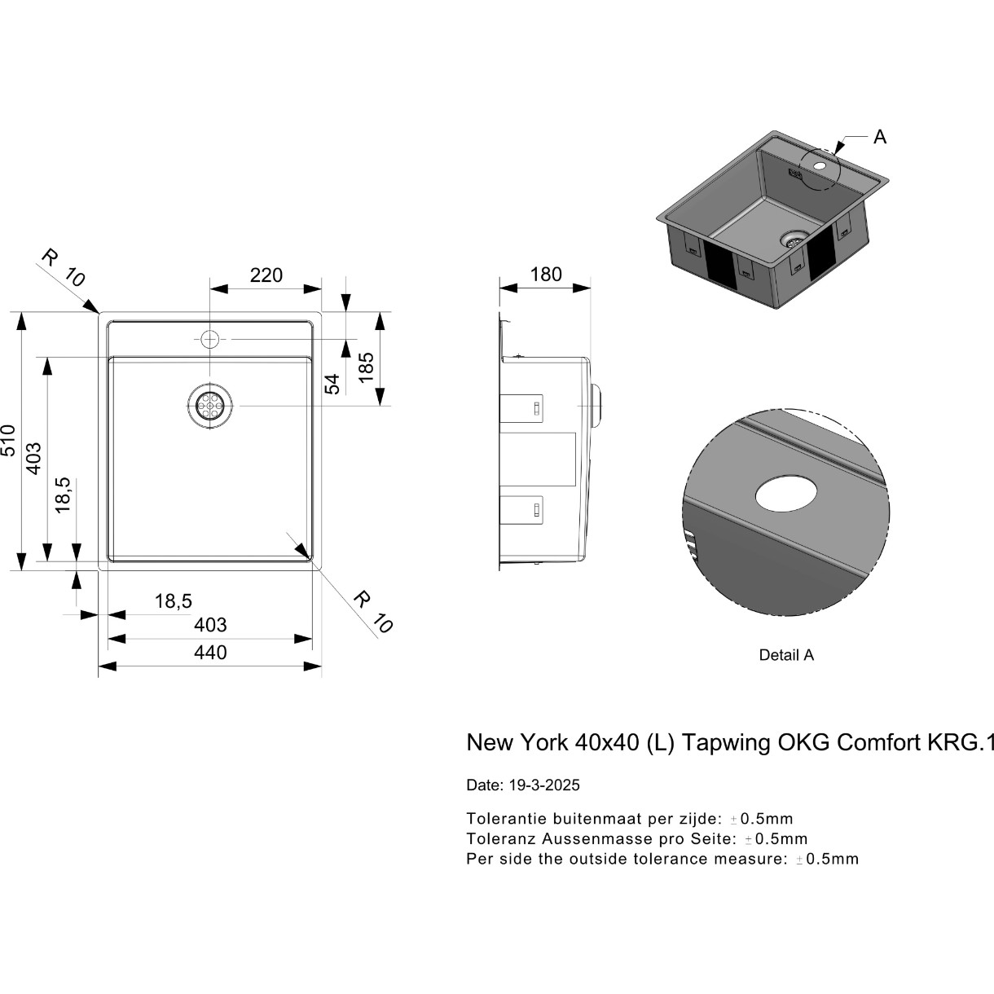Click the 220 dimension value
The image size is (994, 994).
coord(266,275)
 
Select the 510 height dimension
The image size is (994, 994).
coord(9,440)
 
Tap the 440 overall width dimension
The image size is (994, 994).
coord(210,653)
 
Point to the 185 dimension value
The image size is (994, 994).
coord(367,367)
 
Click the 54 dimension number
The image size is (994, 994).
coord(332,384)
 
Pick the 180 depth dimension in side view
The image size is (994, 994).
coord(546,275)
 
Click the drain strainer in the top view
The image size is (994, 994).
coord(210,406)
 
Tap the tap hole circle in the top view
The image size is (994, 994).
coord(210,339)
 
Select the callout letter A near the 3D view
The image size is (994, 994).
coord(880,137)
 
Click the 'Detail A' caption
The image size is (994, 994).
coord(786,654)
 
